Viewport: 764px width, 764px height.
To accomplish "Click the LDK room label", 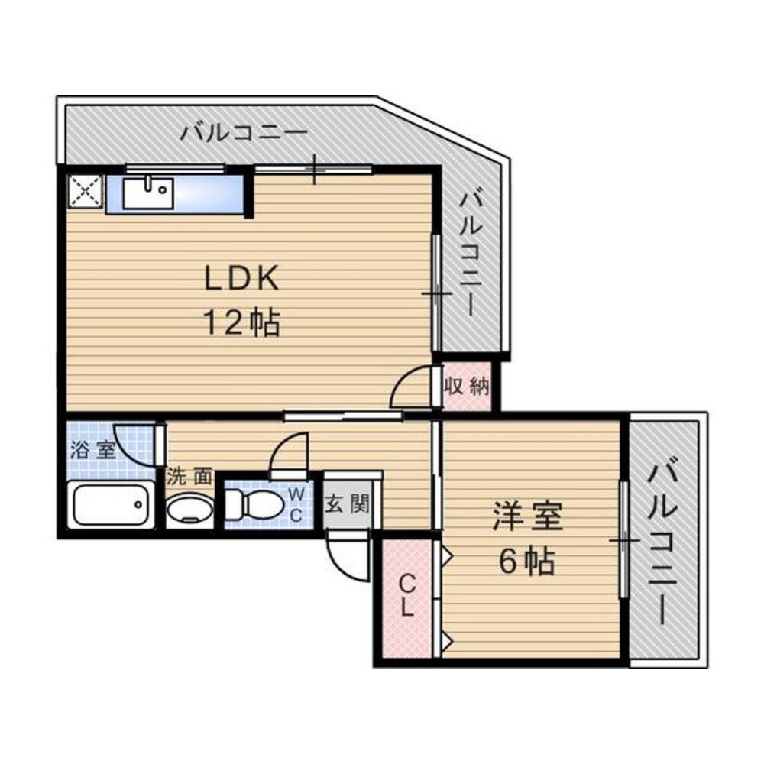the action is (x=241, y=278).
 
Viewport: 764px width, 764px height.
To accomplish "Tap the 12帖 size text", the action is (x=241, y=322).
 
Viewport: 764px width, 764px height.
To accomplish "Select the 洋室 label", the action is (x=528, y=516).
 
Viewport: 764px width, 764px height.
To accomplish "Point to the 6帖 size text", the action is (x=526, y=562).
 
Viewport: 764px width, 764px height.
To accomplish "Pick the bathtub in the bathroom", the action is (x=110, y=504).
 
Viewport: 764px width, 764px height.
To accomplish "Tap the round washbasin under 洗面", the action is (x=189, y=509).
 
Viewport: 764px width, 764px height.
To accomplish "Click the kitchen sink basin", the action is (x=148, y=193).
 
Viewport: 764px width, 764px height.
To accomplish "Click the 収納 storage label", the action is (x=466, y=387).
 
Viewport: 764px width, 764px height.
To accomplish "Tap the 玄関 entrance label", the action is (x=348, y=503).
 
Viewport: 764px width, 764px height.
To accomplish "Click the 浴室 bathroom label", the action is (x=92, y=450).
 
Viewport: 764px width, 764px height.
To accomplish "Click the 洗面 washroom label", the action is (x=189, y=477).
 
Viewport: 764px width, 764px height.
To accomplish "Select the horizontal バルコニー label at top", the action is (x=244, y=132).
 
